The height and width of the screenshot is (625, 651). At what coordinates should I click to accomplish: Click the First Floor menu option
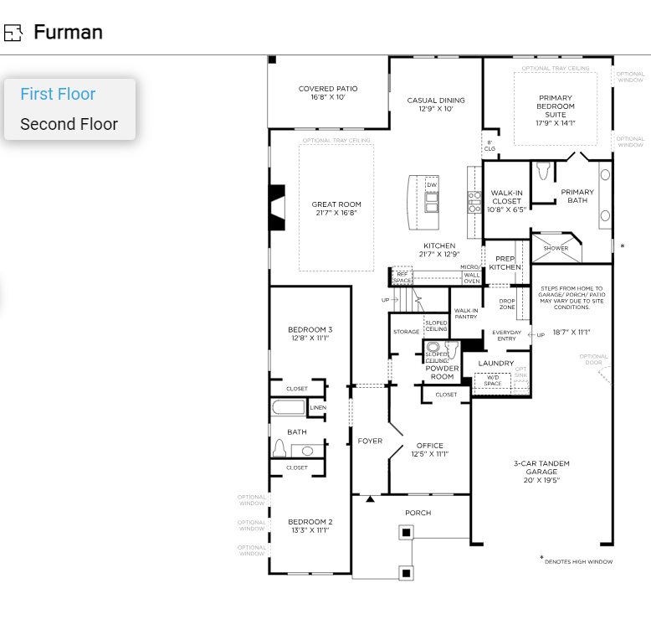click(x=58, y=95)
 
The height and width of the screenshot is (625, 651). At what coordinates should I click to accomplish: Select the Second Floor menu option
click(x=69, y=125)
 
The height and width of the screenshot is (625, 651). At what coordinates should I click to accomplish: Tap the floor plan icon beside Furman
click(x=13, y=33)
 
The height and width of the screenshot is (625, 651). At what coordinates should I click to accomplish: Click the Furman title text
click(x=68, y=33)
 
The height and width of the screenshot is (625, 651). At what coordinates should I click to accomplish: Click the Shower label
click(x=556, y=248)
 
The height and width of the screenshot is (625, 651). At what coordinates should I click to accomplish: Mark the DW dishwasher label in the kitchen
click(x=432, y=184)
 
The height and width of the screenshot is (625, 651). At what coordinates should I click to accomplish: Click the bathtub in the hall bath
click(x=289, y=408)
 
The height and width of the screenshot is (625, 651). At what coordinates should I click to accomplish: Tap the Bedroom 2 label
click(x=310, y=525)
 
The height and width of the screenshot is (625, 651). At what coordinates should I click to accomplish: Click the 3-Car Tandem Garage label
click(x=536, y=472)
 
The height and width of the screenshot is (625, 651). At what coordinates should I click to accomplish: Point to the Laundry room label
click(x=496, y=364)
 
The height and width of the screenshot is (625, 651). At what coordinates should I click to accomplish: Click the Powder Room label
click(x=442, y=373)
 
